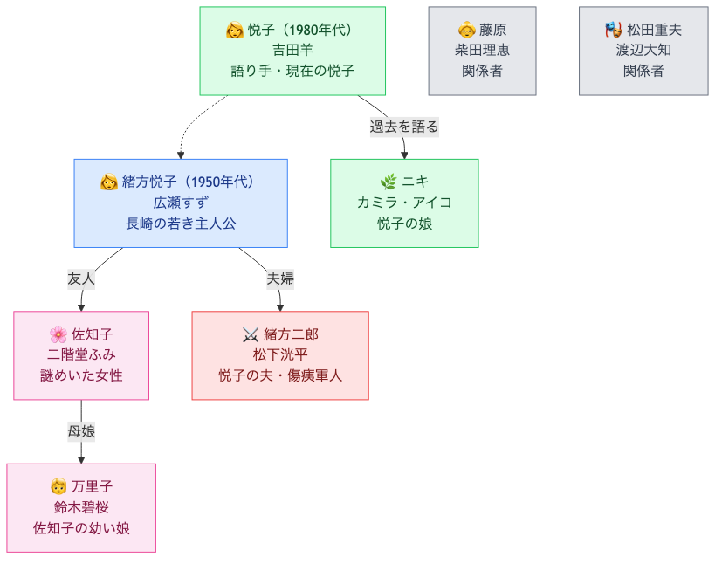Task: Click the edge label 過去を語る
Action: [404, 127]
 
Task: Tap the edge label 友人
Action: [81, 279]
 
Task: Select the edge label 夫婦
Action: [280, 279]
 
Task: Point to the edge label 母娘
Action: [81, 431]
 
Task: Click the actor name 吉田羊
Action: [292, 51]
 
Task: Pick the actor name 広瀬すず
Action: [181, 203]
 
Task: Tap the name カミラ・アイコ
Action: [404, 203]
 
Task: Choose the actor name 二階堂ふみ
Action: [81, 354]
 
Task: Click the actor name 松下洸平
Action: [280, 354]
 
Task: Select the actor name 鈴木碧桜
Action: [81, 507]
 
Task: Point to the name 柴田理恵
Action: [482, 51]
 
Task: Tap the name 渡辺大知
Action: [643, 51]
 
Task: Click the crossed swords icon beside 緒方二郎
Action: [251, 334]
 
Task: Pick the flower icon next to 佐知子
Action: [58, 334]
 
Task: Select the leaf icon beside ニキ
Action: [389, 182]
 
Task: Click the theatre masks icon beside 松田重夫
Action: [614, 31]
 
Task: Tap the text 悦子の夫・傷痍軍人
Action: [280, 375]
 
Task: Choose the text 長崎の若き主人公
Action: [181, 224]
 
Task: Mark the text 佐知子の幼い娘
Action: [81, 528]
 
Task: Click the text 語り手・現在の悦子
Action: [292, 72]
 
